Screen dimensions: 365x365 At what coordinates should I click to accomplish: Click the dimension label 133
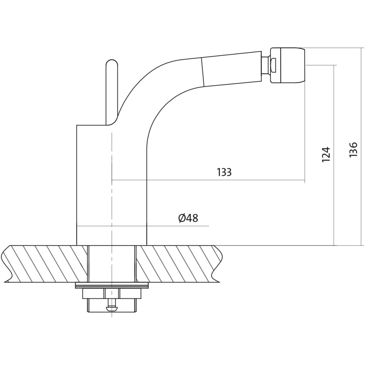[224, 172]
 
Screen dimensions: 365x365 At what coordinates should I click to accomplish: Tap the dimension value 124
[326, 155]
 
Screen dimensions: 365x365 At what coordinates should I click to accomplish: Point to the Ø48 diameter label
[188, 219]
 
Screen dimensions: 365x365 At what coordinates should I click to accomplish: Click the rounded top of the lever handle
[112, 63]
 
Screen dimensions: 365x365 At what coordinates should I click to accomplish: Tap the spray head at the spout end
[288, 65]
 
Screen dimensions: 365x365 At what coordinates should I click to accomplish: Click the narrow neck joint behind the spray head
[265, 65]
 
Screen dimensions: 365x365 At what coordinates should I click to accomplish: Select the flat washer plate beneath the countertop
[112, 286]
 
